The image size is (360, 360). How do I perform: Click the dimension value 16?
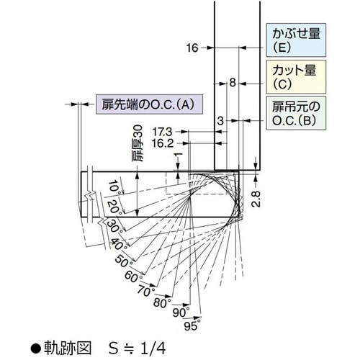pos(190,48)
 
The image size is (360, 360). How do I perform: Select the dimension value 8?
pos(233,84)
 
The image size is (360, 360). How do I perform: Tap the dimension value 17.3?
pos(163,132)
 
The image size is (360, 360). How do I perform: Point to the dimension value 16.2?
pos(163,143)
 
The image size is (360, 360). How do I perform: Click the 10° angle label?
pos(113,189)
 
